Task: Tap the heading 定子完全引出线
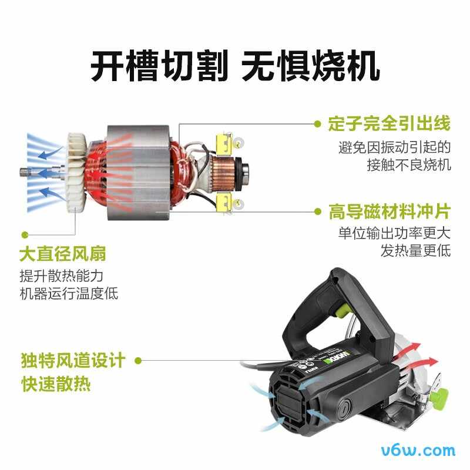(390, 124)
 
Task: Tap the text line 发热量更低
(415, 251)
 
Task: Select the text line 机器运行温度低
(69, 293)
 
